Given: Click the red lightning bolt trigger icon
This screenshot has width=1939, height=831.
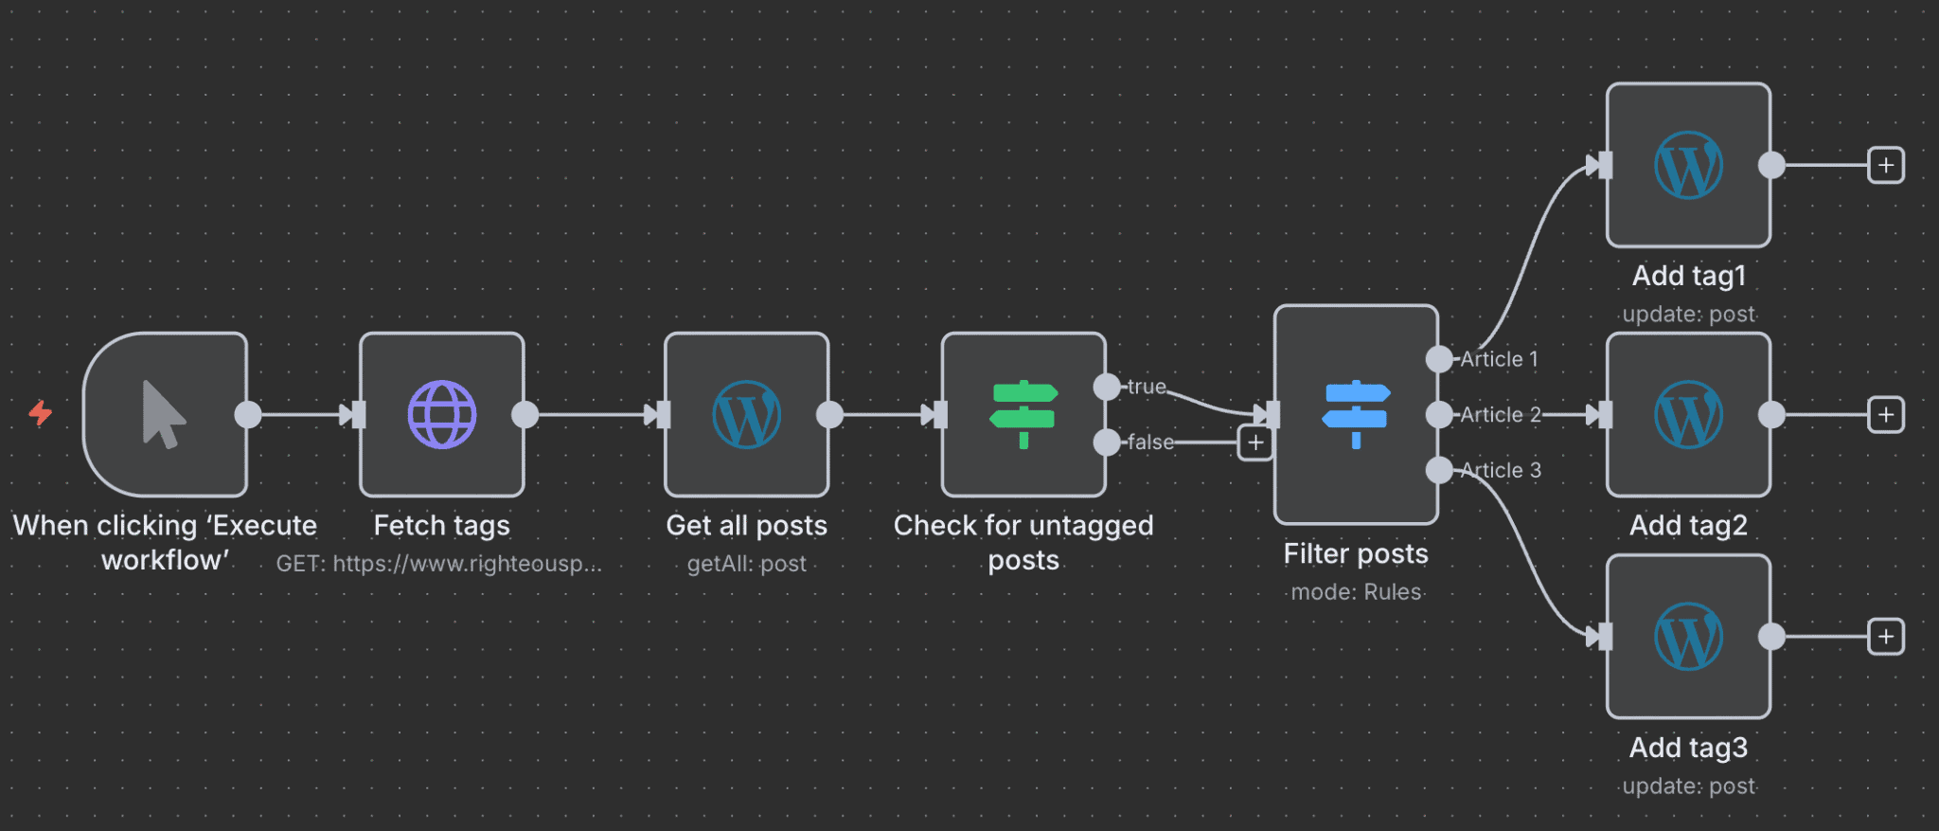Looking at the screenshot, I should (x=40, y=413).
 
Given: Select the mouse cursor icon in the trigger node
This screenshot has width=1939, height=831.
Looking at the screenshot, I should (x=163, y=414).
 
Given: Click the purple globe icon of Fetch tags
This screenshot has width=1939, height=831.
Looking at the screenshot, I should (x=442, y=414).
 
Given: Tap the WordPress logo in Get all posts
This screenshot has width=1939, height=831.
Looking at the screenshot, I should (x=746, y=414).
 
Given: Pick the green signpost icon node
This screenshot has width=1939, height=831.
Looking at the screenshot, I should (x=1023, y=414).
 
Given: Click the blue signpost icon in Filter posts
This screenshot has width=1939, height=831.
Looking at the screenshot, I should (x=1356, y=414).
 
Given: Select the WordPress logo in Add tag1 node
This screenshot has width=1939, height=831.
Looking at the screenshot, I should (x=1688, y=165).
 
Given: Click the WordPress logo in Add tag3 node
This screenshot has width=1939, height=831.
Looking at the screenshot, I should (x=1688, y=636).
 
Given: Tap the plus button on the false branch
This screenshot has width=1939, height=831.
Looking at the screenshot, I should (x=1255, y=443).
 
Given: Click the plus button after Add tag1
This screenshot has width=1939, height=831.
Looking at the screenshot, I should (x=1886, y=165).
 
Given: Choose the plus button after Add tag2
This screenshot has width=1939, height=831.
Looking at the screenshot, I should (x=1886, y=414).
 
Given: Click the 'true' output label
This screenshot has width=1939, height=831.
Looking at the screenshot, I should (x=1147, y=387).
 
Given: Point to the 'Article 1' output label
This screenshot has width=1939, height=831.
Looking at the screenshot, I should (x=1499, y=359).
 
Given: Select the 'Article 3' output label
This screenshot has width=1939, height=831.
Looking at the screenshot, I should (x=1501, y=470).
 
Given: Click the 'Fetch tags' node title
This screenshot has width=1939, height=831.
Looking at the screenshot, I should (x=441, y=525).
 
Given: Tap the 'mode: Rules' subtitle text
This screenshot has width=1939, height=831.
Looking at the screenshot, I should (x=1356, y=592).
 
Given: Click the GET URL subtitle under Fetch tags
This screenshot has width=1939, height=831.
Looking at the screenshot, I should (x=438, y=564).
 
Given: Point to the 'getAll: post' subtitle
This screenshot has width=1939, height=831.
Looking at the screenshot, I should (x=746, y=564).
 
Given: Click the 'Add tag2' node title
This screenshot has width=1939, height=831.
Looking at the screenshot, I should (x=1688, y=525).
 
